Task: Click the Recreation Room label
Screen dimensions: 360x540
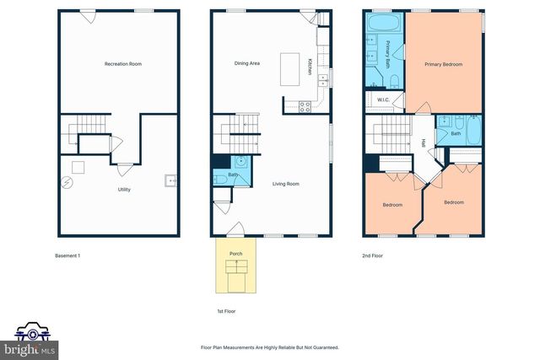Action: (x=122, y=64)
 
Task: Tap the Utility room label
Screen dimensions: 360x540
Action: (x=123, y=190)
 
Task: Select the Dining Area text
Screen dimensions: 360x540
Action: (x=247, y=64)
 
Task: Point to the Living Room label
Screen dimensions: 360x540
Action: (x=285, y=184)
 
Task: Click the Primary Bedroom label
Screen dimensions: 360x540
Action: (x=444, y=64)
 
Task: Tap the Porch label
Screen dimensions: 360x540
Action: (x=236, y=254)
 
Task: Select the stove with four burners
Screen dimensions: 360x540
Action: (x=305, y=106)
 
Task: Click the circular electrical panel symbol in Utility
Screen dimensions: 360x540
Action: (x=67, y=181)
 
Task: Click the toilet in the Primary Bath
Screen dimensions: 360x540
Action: (x=393, y=81)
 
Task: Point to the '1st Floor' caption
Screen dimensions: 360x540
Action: (x=226, y=311)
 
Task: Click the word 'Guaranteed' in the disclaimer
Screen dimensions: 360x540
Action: (x=325, y=347)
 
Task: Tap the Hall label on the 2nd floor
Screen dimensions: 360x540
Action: (x=422, y=142)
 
